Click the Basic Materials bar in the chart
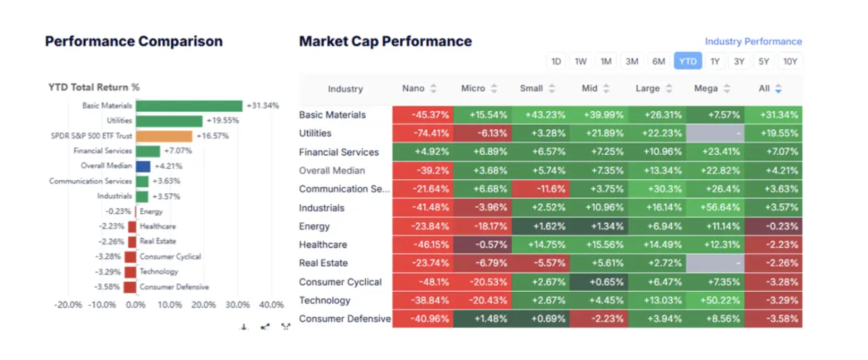click(x=189, y=106)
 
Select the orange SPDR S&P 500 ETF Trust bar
click(x=164, y=136)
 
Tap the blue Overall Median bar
click(x=143, y=166)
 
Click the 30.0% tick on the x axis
click(x=238, y=305)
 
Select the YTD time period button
click(x=687, y=62)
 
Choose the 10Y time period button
click(x=790, y=62)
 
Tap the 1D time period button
click(x=556, y=62)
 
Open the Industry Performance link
click(x=753, y=42)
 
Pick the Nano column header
click(x=413, y=89)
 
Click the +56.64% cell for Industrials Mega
click(x=715, y=208)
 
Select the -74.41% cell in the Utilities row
click(x=422, y=133)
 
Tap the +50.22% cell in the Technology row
click(x=715, y=300)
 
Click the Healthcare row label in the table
click(x=324, y=245)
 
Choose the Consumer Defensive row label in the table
click(x=345, y=319)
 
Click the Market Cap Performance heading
click(x=385, y=42)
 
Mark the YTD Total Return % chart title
click(x=94, y=87)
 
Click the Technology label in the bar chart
click(x=159, y=272)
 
